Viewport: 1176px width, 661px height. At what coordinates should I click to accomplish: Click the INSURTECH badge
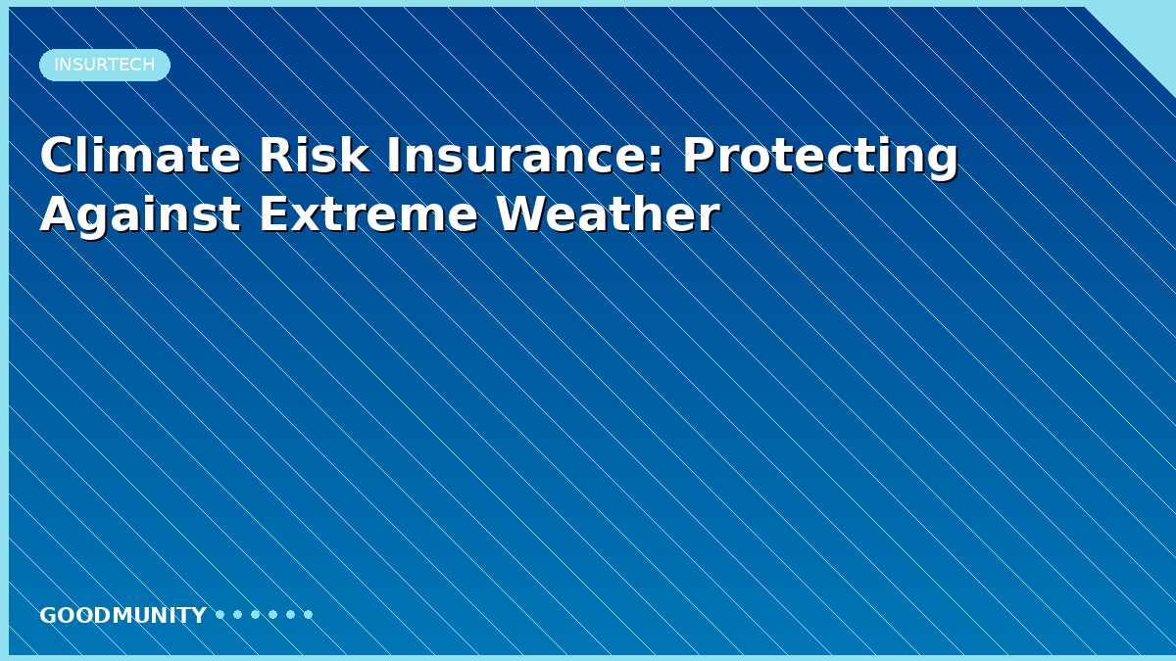105,65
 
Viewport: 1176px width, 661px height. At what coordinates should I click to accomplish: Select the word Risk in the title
314,156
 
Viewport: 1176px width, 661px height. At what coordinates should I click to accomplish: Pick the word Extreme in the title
368,214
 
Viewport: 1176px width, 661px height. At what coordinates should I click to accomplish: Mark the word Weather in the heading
608,213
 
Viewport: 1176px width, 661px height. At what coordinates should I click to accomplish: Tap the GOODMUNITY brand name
122,615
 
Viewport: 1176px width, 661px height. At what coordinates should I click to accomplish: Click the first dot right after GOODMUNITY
220,614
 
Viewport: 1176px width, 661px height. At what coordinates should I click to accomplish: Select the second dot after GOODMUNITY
238,614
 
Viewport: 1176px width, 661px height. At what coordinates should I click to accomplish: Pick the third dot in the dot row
256,614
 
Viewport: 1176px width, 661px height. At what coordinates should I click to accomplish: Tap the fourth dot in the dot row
273,614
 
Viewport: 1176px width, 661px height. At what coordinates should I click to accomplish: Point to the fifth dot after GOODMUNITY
291,614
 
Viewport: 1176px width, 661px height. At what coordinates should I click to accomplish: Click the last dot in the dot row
308,614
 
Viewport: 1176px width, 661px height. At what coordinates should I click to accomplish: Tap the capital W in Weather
522,213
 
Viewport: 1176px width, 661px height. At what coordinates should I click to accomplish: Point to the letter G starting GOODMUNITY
48,615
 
